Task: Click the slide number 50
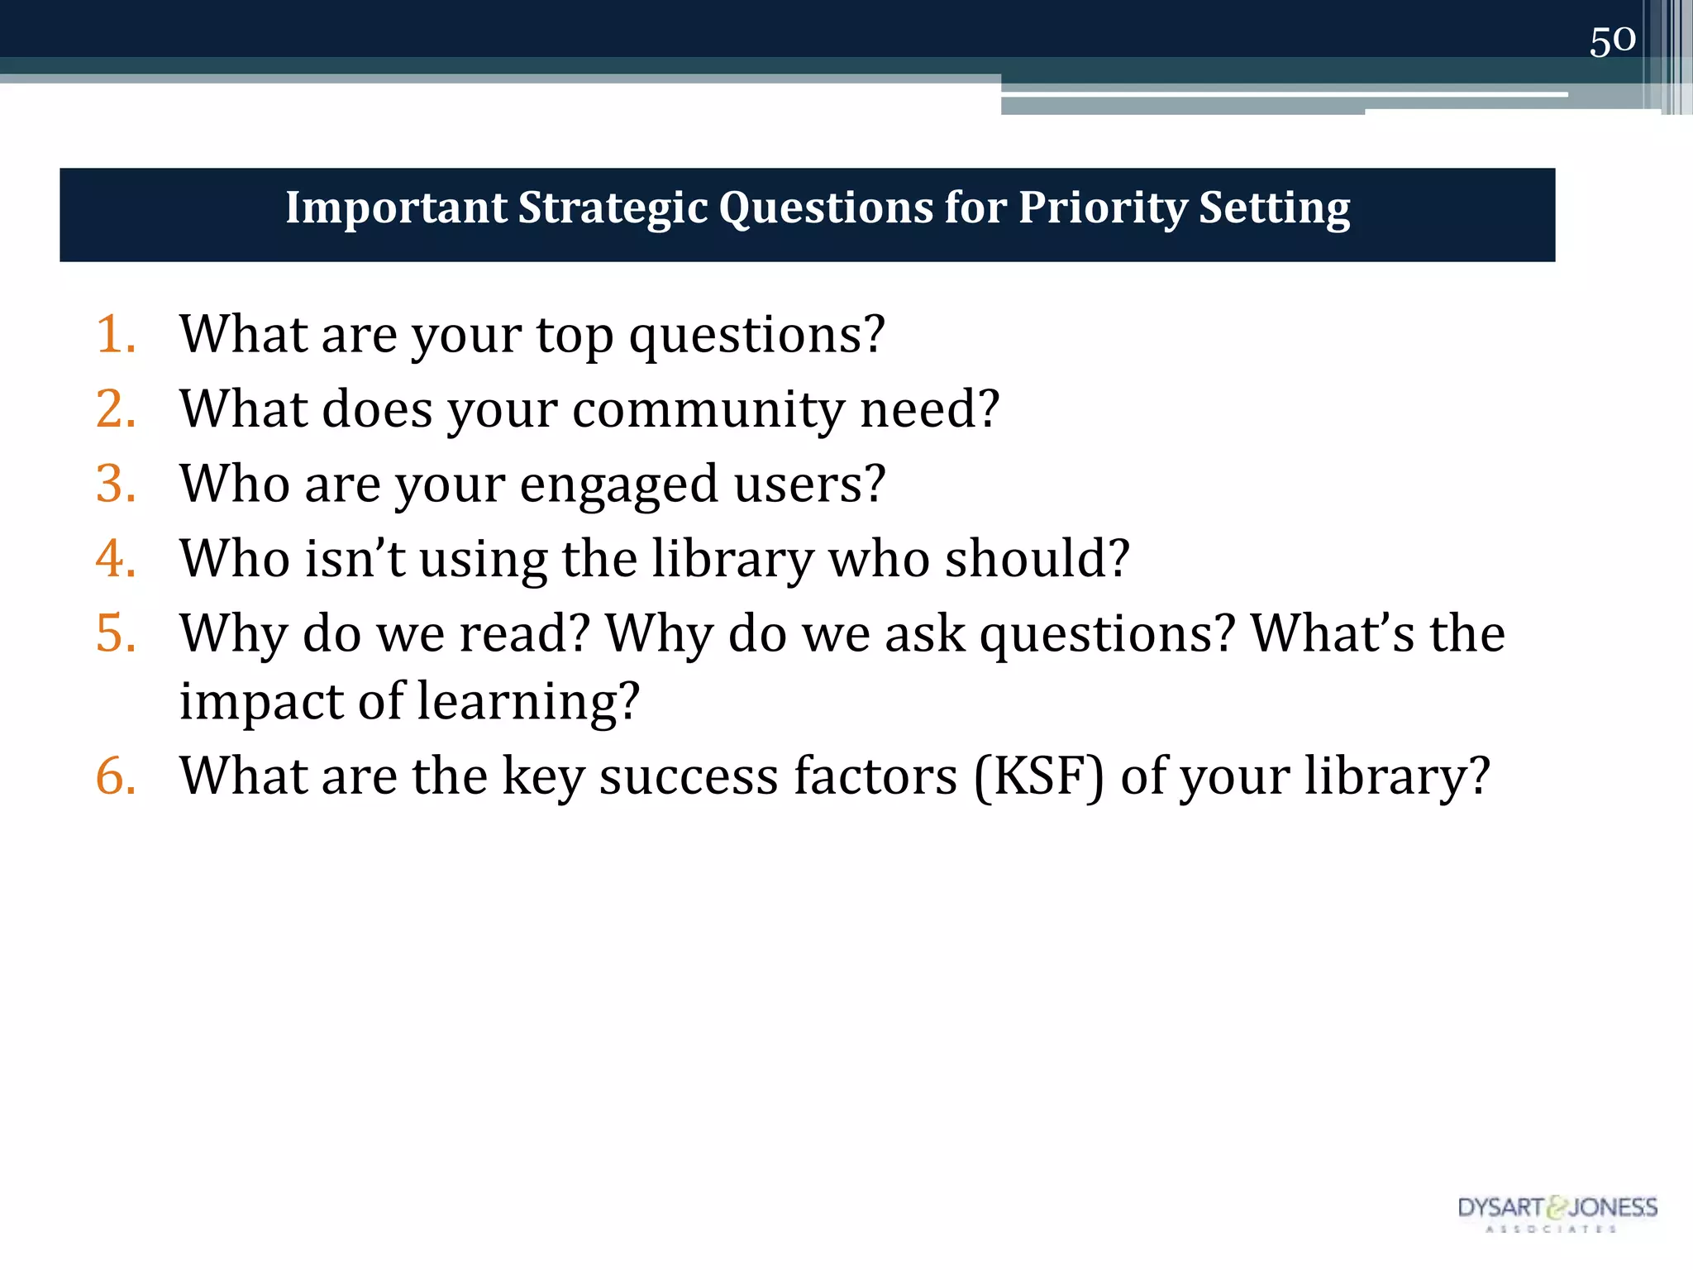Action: coord(1612,41)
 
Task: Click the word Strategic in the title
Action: coord(613,208)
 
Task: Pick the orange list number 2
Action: coord(115,408)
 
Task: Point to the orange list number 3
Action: coord(115,483)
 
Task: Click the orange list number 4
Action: coord(115,558)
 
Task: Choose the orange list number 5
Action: coord(115,633)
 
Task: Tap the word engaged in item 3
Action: coord(619,485)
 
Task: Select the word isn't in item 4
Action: coord(355,558)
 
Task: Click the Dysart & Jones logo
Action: coord(1557,1212)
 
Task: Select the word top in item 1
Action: coord(575,336)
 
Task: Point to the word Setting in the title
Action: coord(1274,208)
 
